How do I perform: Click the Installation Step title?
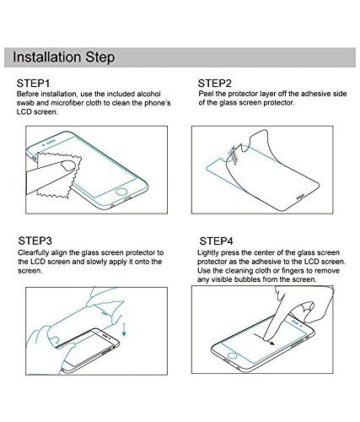point(64,57)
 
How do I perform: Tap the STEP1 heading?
point(33,84)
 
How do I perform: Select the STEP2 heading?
point(215,84)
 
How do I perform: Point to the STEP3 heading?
point(35,241)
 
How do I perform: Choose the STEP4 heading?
point(217,241)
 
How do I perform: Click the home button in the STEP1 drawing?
point(121,192)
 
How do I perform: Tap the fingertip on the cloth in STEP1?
point(68,165)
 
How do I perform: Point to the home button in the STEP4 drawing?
point(232,355)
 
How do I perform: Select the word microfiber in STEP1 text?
point(67,103)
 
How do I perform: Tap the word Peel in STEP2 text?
point(206,94)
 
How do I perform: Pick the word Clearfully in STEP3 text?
point(34,252)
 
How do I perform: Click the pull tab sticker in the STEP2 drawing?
point(234,154)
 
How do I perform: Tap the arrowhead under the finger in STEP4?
point(271,343)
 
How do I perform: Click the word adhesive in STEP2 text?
point(316,94)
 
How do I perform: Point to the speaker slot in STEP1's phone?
point(51,143)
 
